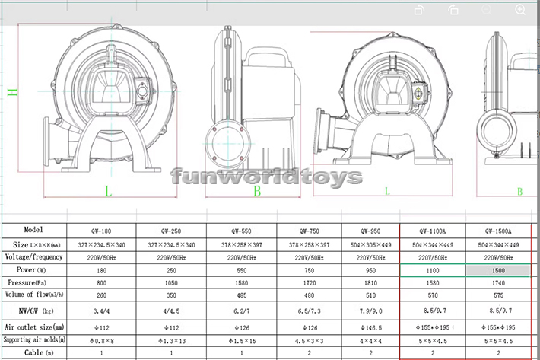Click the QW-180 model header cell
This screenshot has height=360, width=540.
tap(100, 231)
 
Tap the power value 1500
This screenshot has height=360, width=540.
tap(499, 269)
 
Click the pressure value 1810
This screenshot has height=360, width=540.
tap(370, 282)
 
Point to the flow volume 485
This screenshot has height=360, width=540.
tap(242, 295)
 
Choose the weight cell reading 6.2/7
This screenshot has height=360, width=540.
tap(242, 311)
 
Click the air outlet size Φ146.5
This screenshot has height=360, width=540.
tap(370, 328)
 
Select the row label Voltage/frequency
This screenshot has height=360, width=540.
tap(33, 256)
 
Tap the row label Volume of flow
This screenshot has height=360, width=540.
tap(33, 294)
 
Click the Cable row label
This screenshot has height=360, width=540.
tap(33, 353)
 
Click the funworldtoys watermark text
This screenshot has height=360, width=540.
tap(266, 177)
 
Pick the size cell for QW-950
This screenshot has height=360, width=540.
tap(370, 245)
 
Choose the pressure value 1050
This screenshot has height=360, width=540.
tap(170, 282)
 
